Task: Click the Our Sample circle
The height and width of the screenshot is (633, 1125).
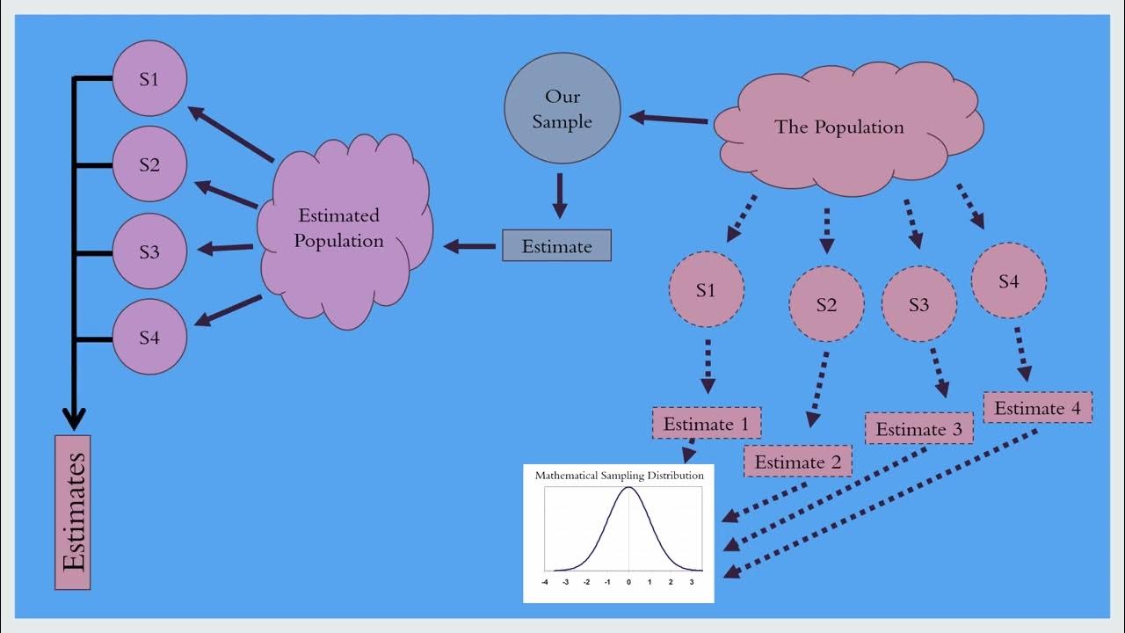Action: (562, 109)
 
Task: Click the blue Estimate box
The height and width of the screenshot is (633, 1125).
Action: (556, 246)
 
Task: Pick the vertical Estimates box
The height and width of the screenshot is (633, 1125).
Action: (73, 512)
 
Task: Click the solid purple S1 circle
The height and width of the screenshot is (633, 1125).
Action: (149, 78)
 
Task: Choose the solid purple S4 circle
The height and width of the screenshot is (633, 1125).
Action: (149, 337)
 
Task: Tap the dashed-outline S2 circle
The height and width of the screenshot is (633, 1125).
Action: (826, 304)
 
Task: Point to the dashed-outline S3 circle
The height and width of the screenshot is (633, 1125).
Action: (918, 304)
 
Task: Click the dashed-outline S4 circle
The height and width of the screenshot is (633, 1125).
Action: (1009, 281)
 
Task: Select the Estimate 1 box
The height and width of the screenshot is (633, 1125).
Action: (706, 424)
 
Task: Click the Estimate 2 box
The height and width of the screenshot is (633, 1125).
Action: (797, 462)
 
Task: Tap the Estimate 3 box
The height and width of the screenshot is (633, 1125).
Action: (919, 429)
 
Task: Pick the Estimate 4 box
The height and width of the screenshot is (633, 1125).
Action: (1037, 408)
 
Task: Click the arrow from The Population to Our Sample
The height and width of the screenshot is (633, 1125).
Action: (668, 117)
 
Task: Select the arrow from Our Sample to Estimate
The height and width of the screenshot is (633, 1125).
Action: (559, 195)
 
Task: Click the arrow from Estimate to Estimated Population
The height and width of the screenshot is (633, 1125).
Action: (470, 246)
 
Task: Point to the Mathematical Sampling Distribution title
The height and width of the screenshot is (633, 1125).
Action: (620, 476)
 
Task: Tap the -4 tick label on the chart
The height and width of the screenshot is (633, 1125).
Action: (545, 582)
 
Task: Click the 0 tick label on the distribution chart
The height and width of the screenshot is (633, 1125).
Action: (628, 582)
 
